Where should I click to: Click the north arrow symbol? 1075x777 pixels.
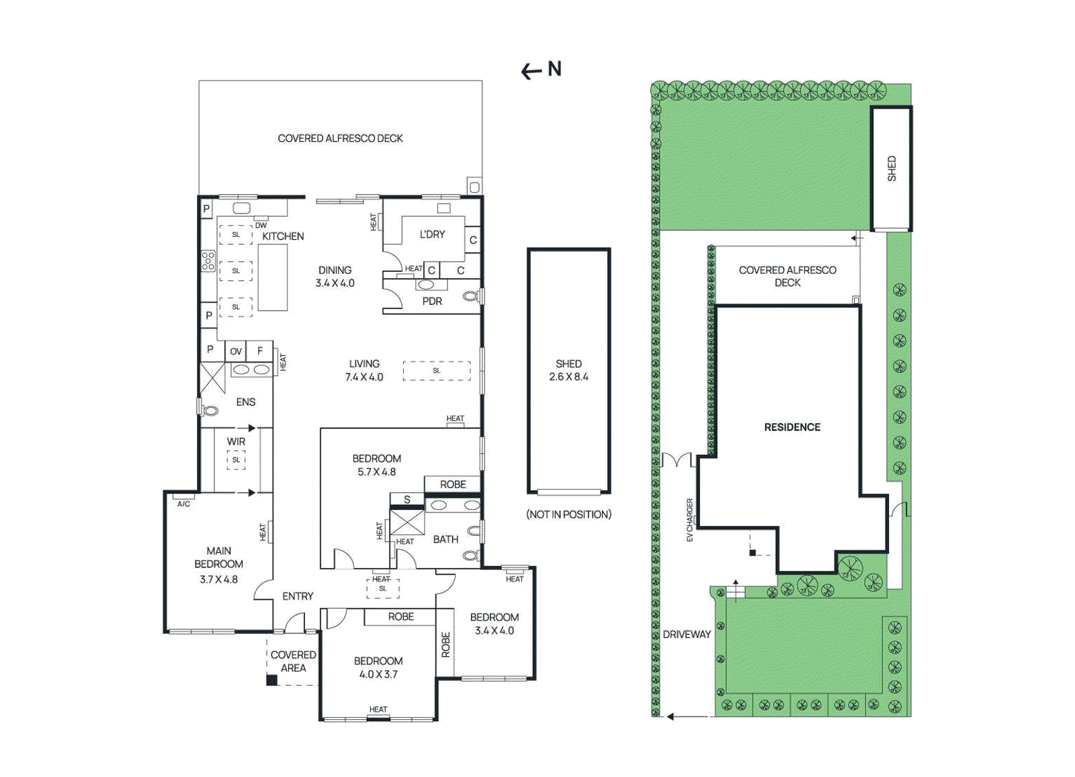tap(540, 70)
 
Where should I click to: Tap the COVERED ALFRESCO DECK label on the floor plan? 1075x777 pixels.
tap(340, 138)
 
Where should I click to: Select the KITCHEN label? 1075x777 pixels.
tap(283, 236)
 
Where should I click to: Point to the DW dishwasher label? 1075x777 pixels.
tap(261, 226)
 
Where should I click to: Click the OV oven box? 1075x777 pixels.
tap(236, 351)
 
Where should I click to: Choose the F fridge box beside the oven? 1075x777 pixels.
tap(260, 351)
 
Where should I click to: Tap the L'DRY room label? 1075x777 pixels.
tap(432, 234)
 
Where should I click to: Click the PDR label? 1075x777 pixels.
tap(432, 302)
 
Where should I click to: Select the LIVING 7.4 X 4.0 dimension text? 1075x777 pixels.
tap(364, 377)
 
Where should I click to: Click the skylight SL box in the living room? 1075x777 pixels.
tap(437, 371)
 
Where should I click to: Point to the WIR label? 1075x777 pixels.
tap(236, 441)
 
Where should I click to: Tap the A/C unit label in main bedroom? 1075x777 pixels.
tap(183, 504)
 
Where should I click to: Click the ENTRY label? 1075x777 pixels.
tap(298, 596)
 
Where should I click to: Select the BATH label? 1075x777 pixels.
tap(445, 539)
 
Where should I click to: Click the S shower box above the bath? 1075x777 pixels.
tap(407, 500)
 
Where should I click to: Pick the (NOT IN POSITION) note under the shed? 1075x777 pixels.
tap(568, 514)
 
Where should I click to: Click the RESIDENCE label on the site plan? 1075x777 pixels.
tap(792, 427)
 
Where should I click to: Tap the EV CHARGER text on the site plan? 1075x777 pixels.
tap(689, 520)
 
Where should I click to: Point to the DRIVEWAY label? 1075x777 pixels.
tap(687, 634)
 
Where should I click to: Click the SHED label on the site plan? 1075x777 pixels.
tap(892, 169)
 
